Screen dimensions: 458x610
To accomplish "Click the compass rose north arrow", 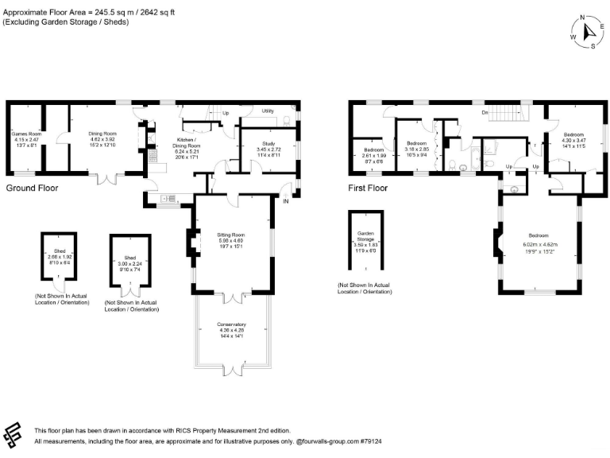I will (589, 32).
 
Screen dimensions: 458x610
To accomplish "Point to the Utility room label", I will (268, 111).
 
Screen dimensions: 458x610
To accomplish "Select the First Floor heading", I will (368, 188).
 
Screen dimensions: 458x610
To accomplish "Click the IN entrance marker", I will (285, 200).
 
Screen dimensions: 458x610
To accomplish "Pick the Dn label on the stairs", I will (484, 113).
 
